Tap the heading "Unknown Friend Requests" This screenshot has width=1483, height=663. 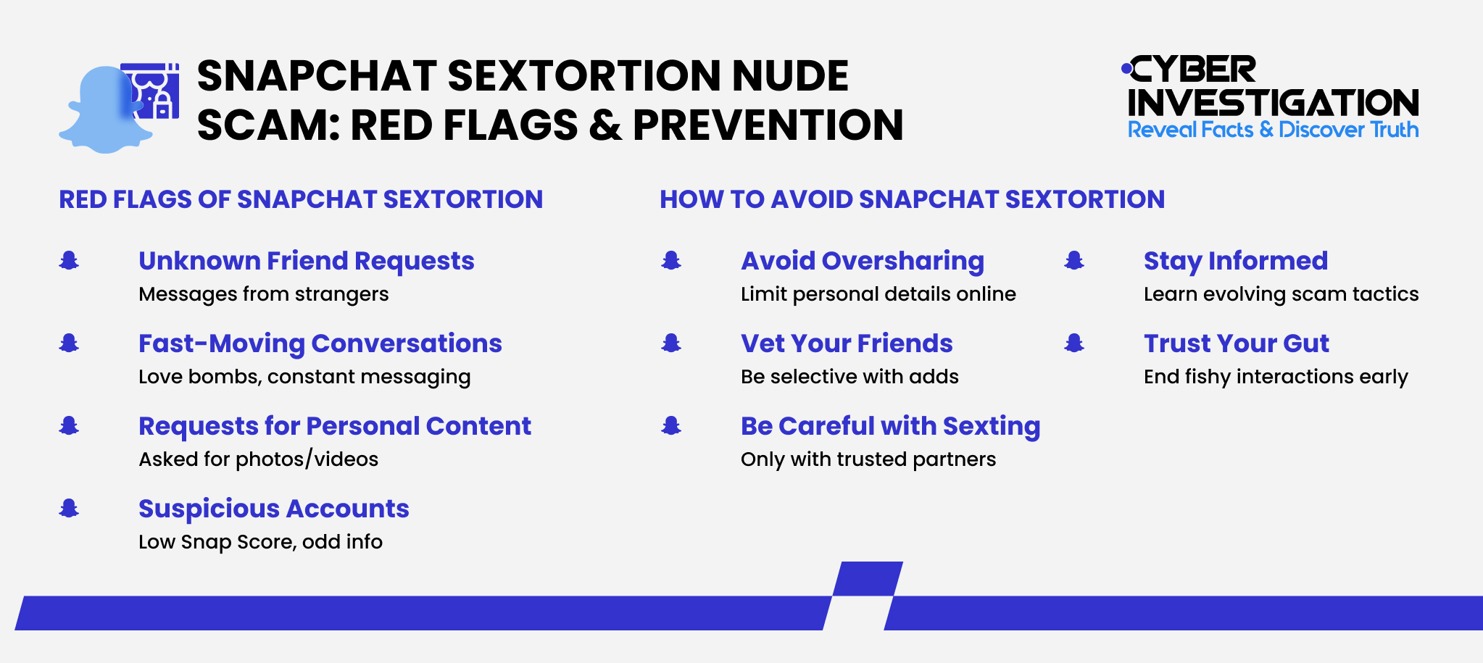pyautogui.click(x=306, y=261)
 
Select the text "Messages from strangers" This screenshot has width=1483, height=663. pyautogui.click(x=263, y=294)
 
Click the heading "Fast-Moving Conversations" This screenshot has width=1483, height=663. pyautogui.click(x=320, y=343)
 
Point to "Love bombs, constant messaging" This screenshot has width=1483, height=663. pyautogui.click(x=304, y=377)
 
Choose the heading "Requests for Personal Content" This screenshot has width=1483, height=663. pyautogui.click(x=334, y=426)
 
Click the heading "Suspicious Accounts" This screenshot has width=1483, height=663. pyautogui.click(x=273, y=509)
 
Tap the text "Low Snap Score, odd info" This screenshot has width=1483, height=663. pyautogui.click(x=260, y=542)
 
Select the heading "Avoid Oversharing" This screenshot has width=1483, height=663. pyautogui.click(x=862, y=261)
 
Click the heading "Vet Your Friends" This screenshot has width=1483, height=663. pyautogui.click(x=846, y=343)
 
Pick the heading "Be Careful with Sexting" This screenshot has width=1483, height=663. pyautogui.click(x=890, y=426)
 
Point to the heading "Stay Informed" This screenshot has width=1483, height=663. pyautogui.click(x=1235, y=261)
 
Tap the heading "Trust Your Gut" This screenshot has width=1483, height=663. pyautogui.click(x=1236, y=343)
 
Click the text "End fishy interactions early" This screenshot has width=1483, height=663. pyautogui.click(x=1275, y=377)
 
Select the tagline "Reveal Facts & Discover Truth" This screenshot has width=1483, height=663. pyautogui.click(x=1273, y=130)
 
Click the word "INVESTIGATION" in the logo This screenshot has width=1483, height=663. pyautogui.click(x=1273, y=103)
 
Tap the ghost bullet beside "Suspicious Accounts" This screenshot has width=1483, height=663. pyautogui.click(x=69, y=509)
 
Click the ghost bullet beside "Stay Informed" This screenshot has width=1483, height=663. pyautogui.click(x=1073, y=260)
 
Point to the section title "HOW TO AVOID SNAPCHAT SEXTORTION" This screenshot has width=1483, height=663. pyautogui.click(x=912, y=199)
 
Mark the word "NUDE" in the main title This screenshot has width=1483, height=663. pyautogui.click(x=789, y=76)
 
